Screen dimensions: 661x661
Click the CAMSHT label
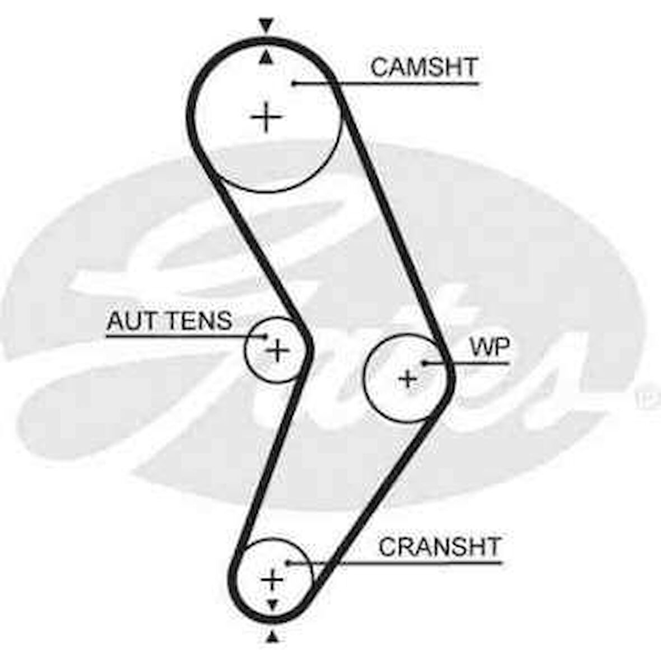423,67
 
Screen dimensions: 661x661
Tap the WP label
490,347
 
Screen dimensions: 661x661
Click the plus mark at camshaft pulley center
266,118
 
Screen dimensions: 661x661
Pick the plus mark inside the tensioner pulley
277,351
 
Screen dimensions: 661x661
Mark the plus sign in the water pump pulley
408,379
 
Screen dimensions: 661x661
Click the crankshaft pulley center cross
273,579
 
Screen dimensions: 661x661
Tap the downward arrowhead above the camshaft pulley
266,25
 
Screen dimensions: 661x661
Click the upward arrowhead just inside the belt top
267,57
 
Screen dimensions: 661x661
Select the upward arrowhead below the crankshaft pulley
273,635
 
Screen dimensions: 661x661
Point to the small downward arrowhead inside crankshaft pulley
273,604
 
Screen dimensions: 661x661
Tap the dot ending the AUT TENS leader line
266,337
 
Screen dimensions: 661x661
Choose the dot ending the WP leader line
425,363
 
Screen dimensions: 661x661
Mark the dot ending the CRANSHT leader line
287,562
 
